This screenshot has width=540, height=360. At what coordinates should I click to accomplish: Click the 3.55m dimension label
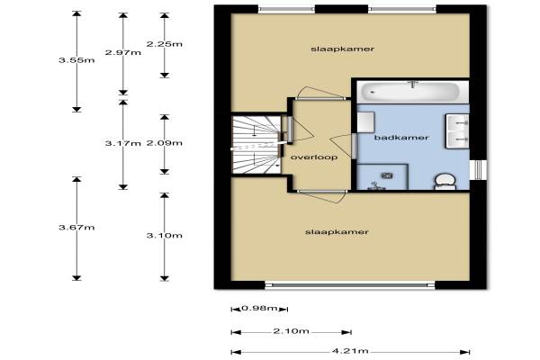(x=76, y=60)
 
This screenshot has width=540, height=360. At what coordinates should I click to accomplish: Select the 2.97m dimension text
(x=123, y=52)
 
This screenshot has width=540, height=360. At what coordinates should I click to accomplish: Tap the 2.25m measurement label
(x=165, y=44)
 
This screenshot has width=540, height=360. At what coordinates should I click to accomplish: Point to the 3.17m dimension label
(x=123, y=143)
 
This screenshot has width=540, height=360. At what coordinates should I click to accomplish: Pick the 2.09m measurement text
(x=165, y=143)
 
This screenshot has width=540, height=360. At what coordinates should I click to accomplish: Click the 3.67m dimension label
(x=76, y=228)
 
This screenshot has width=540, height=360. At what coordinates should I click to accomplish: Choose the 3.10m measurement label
(x=165, y=236)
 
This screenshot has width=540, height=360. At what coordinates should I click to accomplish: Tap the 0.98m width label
(x=260, y=308)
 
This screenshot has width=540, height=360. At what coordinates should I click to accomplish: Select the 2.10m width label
(x=291, y=331)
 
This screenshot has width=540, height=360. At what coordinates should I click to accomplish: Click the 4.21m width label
(x=350, y=351)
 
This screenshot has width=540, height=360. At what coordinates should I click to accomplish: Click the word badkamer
(x=401, y=138)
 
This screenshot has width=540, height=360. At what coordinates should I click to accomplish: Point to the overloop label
(x=314, y=157)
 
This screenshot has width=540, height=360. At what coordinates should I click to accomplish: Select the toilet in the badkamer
(x=445, y=182)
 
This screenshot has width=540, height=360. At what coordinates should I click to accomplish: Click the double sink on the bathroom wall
(x=457, y=131)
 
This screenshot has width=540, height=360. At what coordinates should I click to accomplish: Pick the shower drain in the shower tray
(x=387, y=176)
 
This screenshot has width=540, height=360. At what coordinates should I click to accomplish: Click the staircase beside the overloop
(x=256, y=145)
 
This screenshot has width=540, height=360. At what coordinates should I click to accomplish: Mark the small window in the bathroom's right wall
(x=479, y=170)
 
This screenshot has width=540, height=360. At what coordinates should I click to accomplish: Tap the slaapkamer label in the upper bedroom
(x=342, y=49)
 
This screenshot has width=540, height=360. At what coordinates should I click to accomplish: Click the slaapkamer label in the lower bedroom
(x=337, y=232)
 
